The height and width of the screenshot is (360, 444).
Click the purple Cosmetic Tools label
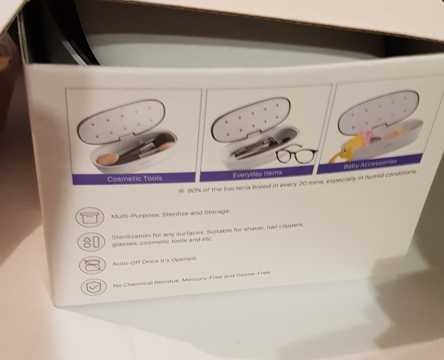tap(135, 179)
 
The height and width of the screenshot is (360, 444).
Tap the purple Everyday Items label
tap(257, 173)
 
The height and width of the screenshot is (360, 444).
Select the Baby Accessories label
tap(370, 164)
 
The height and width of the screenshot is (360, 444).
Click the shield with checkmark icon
tap(94, 287)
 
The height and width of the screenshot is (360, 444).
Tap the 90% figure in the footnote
tap(193, 190)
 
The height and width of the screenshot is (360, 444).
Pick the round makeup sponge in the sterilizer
tap(105, 159)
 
